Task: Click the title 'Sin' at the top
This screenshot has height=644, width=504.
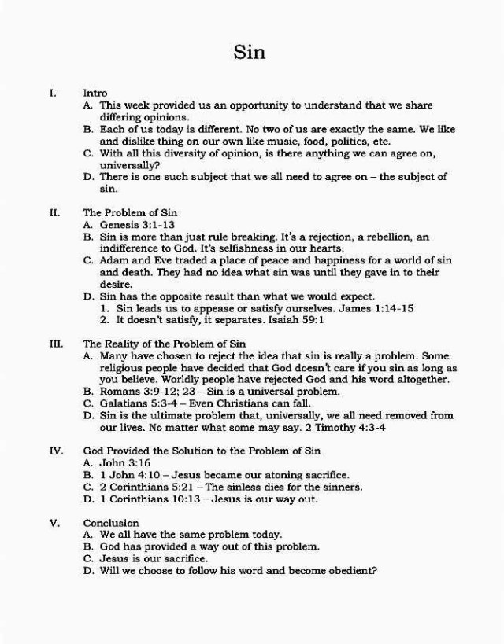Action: [x=250, y=53]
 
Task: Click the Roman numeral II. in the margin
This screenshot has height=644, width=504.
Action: [x=54, y=212]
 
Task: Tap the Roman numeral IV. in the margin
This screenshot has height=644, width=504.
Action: [x=56, y=451]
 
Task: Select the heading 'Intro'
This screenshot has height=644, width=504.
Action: [x=95, y=93]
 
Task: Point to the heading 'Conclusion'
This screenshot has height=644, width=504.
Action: [x=111, y=522]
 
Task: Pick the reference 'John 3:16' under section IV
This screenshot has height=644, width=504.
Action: [x=125, y=462]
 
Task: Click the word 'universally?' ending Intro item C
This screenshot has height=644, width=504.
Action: [x=130, y=165]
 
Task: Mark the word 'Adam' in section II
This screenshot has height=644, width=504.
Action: [x=113, y=260]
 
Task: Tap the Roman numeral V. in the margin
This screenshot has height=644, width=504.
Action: [x=55, y=522]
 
